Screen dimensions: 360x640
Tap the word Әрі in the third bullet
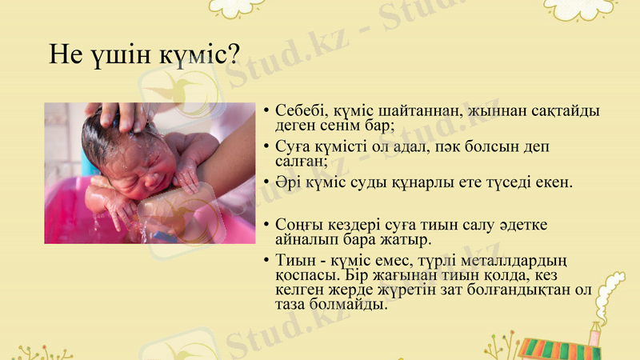click(288, 182)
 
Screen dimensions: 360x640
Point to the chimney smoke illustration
click(611, 293)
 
